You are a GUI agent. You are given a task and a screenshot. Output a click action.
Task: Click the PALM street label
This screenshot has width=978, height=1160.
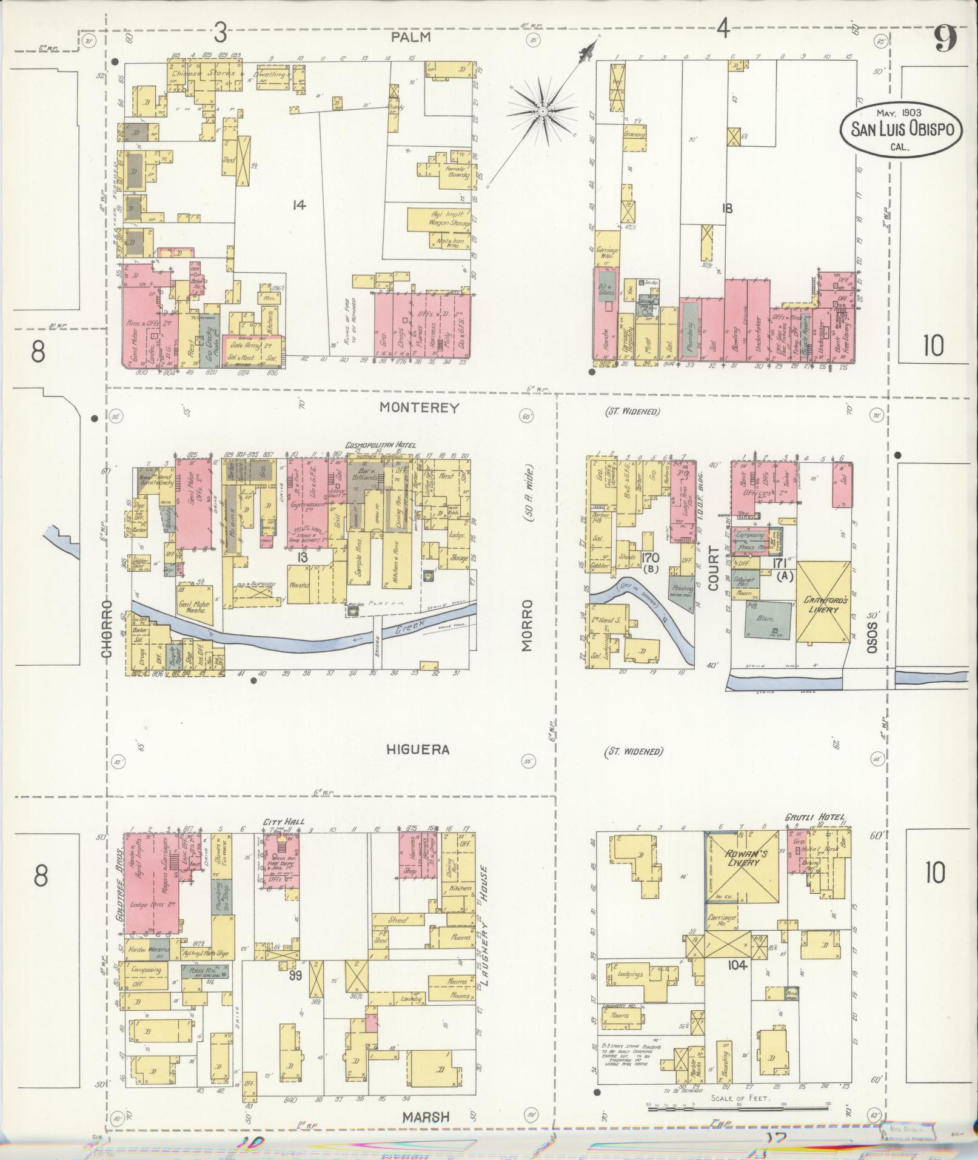[410, 37]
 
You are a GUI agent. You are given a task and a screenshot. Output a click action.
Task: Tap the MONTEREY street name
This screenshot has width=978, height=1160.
[420, 407]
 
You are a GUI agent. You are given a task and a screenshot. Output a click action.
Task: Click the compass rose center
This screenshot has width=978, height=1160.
[543, 112]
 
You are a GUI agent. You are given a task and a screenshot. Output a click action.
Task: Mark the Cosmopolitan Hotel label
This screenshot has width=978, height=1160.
[381, 446]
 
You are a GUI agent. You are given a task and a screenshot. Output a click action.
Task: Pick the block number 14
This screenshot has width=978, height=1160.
[298, 205]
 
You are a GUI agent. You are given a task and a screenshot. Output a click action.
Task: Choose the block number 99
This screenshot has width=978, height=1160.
[295, 976]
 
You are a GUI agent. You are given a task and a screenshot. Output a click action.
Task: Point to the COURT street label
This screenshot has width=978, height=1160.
[713, 568]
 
